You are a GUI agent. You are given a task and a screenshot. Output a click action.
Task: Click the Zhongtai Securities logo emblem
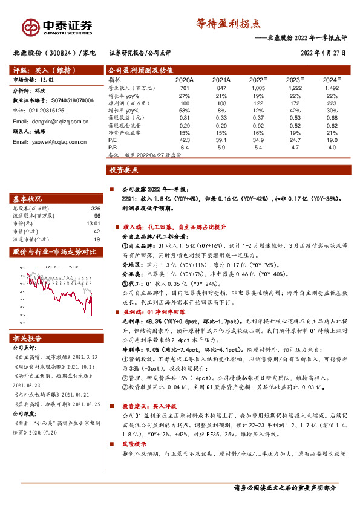pyautogui.click(x=30, y=27)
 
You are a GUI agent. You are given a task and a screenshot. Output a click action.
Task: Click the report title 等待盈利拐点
pyautogui.click(x=227, y=24)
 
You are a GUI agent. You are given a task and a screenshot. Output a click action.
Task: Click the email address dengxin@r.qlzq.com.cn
pyautogui.click(x=55, y=122)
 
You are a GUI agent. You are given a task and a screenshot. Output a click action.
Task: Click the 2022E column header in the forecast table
pyautogui.click(x=258, y=80)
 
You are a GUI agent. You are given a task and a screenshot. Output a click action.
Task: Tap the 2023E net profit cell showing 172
pyautogui.click(x=295, y=103)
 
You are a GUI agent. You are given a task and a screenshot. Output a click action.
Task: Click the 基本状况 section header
pyautogui.click(x=28, y=198)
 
